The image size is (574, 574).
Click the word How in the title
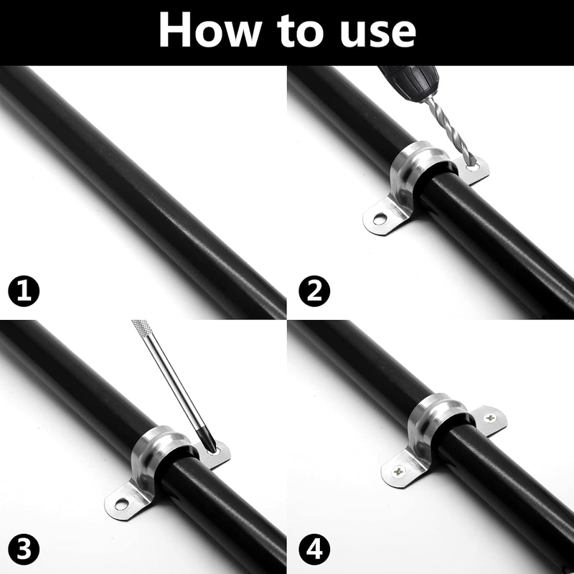[210, 30]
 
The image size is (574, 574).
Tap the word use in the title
[377, 34]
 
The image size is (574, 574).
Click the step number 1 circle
[24, 291]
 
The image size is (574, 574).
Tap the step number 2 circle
[314, 291]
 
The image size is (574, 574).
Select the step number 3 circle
[24, 550]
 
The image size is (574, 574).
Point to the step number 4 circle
[314, 550]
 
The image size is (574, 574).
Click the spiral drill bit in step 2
[452, 131]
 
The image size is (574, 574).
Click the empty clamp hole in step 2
[380, 219]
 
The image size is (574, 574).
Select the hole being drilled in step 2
[472, 168]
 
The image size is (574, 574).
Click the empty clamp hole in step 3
[121, 504]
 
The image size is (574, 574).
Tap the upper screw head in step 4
[491, 418]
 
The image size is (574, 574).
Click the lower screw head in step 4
[398, 471]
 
